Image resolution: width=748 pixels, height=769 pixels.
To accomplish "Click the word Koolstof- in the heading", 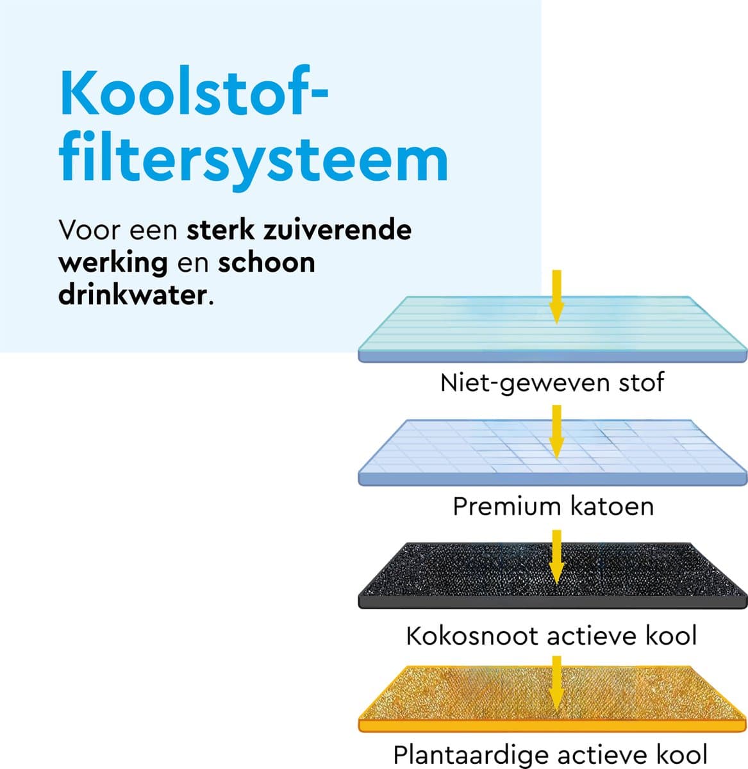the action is (194, 93).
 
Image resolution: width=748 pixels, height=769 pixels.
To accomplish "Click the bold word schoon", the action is (267, 262).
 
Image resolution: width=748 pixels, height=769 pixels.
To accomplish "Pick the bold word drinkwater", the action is (133, 295).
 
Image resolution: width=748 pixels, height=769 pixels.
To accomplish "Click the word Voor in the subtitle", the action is (89, 230).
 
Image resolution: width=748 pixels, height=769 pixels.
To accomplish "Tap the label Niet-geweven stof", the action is (553, 383).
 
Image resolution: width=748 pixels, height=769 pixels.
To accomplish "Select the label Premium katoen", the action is (553, 506).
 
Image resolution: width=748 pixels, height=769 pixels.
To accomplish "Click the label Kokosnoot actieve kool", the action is (551, 636).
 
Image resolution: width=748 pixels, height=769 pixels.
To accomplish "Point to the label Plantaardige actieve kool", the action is (551, 755).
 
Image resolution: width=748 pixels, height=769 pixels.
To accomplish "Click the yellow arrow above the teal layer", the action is (556, 297).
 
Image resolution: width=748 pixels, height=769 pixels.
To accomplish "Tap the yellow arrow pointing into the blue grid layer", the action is (556, 432).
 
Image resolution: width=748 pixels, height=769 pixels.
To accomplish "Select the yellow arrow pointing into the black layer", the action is (556, 557).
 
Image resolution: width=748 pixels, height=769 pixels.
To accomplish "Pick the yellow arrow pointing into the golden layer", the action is (556, 683).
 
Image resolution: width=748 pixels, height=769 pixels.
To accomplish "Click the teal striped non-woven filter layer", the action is (553, 329).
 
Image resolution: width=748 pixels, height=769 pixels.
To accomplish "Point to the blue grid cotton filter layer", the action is (553, 452).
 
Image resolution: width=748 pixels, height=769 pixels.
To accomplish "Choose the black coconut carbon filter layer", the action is (553, 576).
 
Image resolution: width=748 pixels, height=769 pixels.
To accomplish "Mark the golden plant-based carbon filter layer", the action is (553, 699).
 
